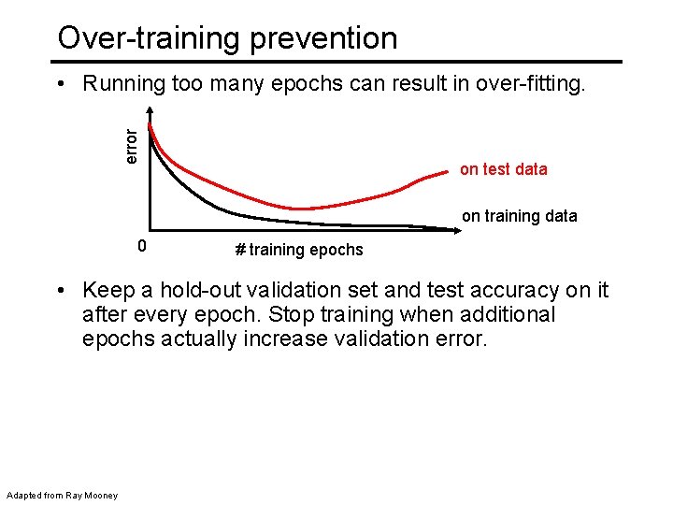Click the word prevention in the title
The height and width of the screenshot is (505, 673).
click(x=326, y=38)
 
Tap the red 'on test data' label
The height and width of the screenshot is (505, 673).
click(x=503, y=169)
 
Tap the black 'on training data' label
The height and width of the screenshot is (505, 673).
click(x=519, y=216)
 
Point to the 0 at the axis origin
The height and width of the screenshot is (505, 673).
click(x=140, y=247)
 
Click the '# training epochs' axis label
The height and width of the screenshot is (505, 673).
click(x=298, y=250)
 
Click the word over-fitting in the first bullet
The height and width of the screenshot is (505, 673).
click(x=531, y=85)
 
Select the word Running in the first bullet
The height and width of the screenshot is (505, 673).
click(x=123, y=85)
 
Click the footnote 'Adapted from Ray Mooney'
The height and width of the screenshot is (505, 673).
click(x=62, y=495)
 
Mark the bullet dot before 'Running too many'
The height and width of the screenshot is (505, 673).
click(x=62, y=85)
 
